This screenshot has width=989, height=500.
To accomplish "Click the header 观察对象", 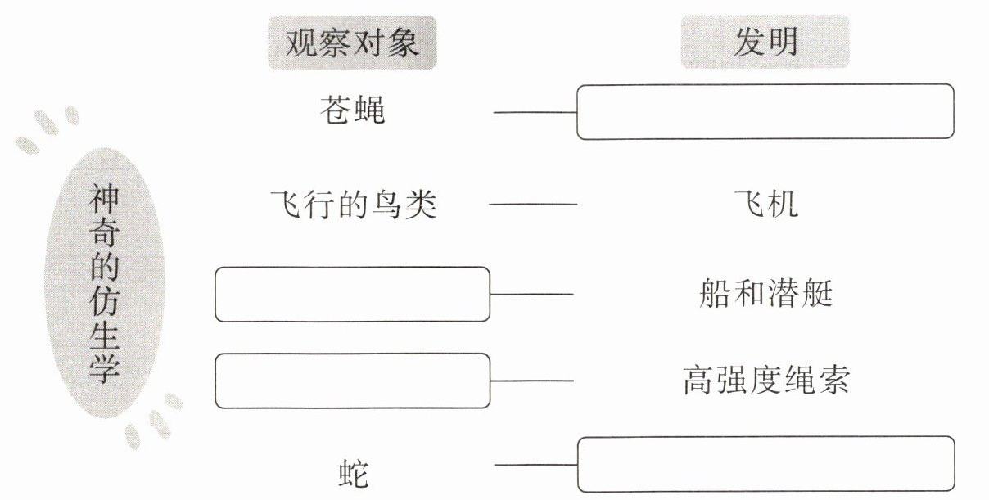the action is point(352,43).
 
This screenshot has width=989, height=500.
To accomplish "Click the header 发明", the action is point(765,42).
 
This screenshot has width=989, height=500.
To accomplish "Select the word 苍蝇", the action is point(352,110).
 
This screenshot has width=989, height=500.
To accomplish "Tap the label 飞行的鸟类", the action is point(353,205).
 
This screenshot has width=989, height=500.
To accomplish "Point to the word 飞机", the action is point(766,204).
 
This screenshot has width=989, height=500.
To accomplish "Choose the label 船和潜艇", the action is point(766,293).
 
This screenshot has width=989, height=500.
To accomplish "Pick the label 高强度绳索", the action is point(766,380).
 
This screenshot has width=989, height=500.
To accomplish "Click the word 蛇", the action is point(353,474).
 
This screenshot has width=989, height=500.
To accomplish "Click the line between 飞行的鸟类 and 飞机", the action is point(533,205).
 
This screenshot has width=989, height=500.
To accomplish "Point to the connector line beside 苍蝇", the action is point(535,113).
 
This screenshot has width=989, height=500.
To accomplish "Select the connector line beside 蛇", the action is point(535,465).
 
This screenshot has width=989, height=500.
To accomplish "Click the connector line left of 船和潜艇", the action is point(531,294).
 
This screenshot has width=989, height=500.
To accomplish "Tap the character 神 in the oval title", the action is point(104,199).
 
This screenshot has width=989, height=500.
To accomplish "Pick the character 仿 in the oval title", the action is point(104,302).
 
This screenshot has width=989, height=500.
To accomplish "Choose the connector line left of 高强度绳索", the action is point(531,381).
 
